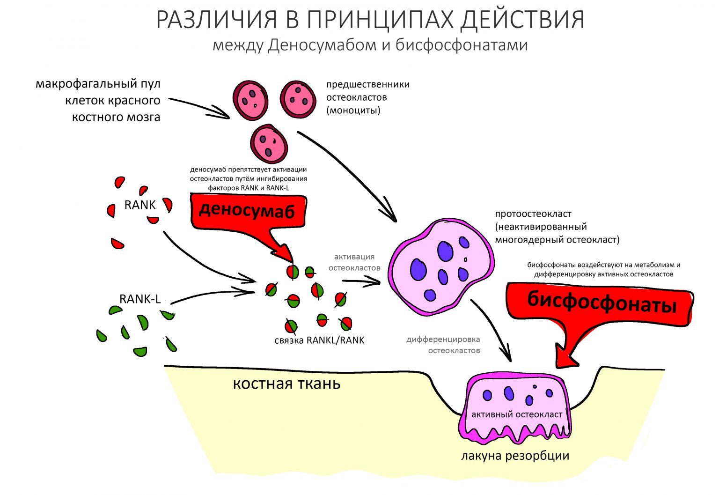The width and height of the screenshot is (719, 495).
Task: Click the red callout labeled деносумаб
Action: click(x=247, y=211)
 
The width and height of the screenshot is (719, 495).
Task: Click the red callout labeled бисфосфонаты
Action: click(x=602, y=303)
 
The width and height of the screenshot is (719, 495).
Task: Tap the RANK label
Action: click(x=139, y=205)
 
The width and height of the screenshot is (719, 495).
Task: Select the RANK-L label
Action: click(x=140, y=299)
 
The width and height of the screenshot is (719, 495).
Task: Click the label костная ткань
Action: click(x=286, y=384)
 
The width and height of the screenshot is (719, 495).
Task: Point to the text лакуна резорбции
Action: click(x=515, y=456)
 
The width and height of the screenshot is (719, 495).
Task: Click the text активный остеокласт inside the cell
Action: click(x=517, y=414)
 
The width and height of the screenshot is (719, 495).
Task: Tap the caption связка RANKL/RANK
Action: click(x=319, y=340)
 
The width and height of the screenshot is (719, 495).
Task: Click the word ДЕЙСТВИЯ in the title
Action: click(x=522, y=20)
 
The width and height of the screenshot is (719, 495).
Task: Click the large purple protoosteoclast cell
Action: click(x=440, y=267)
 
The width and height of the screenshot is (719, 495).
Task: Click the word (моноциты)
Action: click(x=353, y=111)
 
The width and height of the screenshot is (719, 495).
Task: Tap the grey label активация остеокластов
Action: click(x=354, y=262)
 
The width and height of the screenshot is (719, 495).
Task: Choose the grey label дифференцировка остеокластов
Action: click(x=443, y=345)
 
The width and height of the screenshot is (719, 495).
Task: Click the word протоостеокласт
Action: click(x=533, y=214)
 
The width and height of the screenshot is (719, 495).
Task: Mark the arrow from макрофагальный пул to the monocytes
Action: click(x=199, y=108)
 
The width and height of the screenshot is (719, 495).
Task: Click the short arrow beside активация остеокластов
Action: click(x=360, y=281)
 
